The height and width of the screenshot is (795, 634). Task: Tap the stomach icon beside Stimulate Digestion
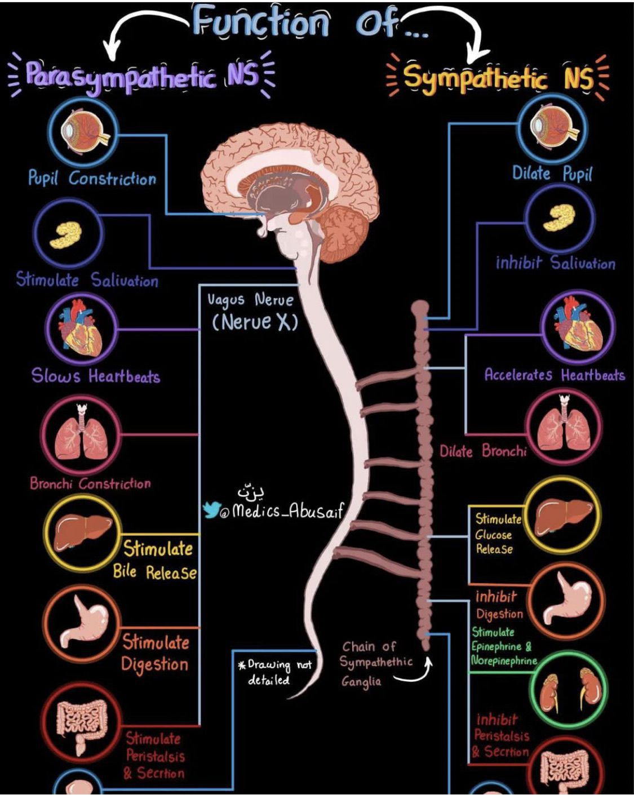[82, 625]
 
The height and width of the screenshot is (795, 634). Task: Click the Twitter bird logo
[211, 510]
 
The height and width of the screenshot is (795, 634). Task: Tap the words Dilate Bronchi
[483, 451]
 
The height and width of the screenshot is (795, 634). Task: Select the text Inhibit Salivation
[555, 263]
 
